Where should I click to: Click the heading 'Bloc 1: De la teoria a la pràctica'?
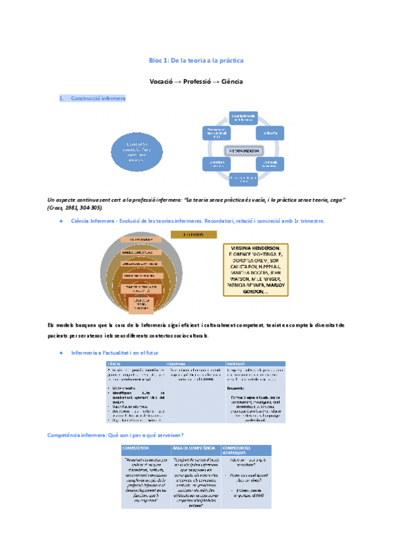196,61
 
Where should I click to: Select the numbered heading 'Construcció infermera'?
99,98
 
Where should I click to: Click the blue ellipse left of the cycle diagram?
138,151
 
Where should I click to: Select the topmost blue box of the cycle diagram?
242,118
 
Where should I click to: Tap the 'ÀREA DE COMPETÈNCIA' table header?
195,448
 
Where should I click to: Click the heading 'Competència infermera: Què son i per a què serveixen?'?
115,435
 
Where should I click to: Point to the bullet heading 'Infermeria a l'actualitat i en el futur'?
118,353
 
